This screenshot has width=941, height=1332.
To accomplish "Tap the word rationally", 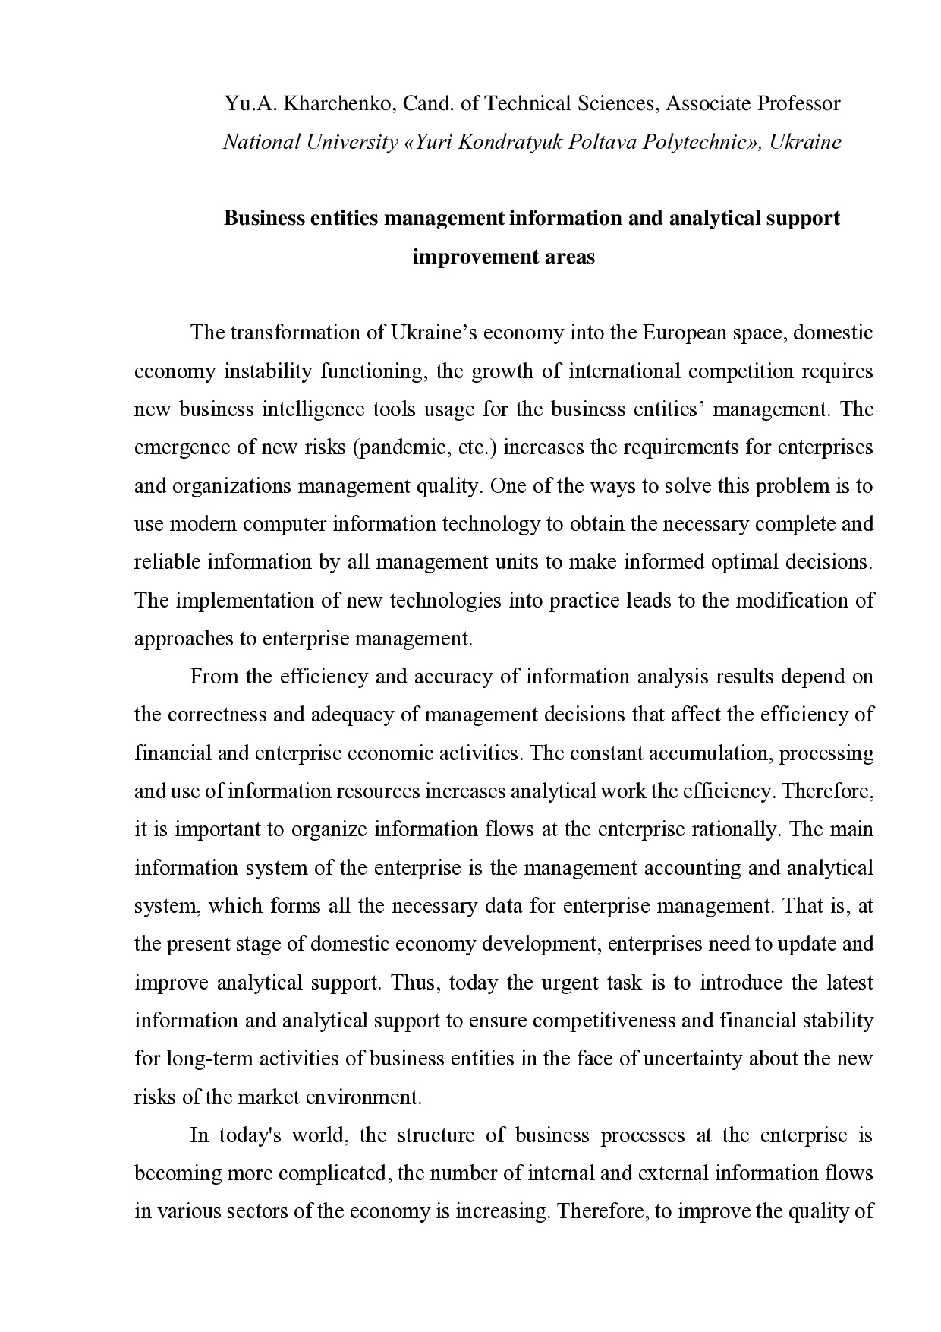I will [x=735, y=829].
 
